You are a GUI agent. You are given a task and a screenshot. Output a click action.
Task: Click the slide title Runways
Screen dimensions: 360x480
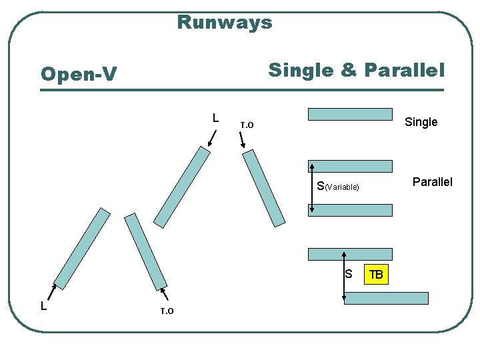[225, 23]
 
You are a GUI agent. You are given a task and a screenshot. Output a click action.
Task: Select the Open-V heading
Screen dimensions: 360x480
[78, 74]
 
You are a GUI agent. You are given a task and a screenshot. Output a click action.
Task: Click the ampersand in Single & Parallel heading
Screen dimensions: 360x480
[349, 69]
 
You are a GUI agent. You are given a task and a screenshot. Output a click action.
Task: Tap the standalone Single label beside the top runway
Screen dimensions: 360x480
[421, 122]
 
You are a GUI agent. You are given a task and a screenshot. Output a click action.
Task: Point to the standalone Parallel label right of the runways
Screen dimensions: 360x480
[432, 182]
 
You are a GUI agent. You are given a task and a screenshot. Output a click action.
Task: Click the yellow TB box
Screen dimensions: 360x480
[376, 274]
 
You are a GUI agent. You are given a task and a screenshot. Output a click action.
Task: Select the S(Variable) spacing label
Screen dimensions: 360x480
[338, 187]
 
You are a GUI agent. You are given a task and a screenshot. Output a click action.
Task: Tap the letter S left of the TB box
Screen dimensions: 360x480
[348, 273]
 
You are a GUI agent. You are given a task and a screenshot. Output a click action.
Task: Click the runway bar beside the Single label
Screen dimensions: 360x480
[350, 114]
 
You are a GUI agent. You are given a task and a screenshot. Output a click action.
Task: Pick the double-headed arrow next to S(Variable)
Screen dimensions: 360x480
[311, 188]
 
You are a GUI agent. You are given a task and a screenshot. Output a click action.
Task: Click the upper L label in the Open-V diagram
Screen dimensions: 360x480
[215, 118]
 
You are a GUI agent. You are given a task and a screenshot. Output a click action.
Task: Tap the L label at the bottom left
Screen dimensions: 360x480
[43, 306]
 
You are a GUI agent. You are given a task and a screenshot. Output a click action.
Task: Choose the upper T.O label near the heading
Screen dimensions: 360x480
[247, 125]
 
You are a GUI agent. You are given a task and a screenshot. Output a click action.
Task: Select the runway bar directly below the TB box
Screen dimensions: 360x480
[386, 298]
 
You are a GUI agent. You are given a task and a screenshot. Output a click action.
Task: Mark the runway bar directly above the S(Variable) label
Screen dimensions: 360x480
[350, 167]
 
